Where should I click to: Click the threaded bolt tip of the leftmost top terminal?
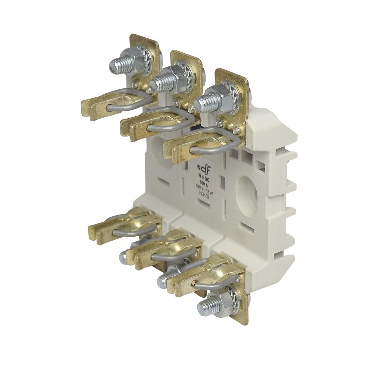coord(115,66)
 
